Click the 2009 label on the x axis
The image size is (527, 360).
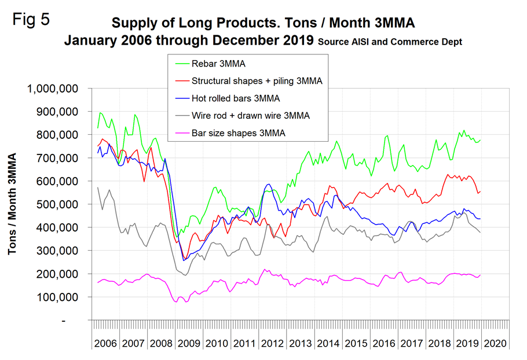(x=189, y=343)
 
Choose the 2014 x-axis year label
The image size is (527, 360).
(x=328, y=343)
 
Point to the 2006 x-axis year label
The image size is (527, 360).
(x=106, y=343)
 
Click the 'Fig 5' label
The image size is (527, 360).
(x=31, y=19)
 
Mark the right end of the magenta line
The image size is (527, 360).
(x=481, y=275)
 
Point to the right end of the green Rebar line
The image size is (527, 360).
(x=481, y=140)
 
